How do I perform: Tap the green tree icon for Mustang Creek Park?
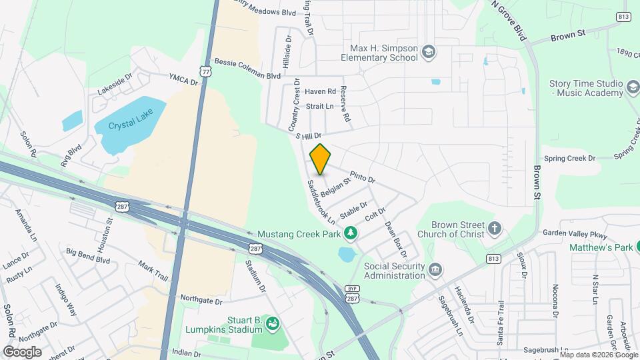tap(350, 233)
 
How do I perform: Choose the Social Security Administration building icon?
tap(435, 270)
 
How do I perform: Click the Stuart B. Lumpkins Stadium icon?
tap(272, 325)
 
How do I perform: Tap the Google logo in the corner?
tap(22, 351)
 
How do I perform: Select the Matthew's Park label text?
tap(599, 247)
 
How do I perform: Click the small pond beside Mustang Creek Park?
tap(347, 254)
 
